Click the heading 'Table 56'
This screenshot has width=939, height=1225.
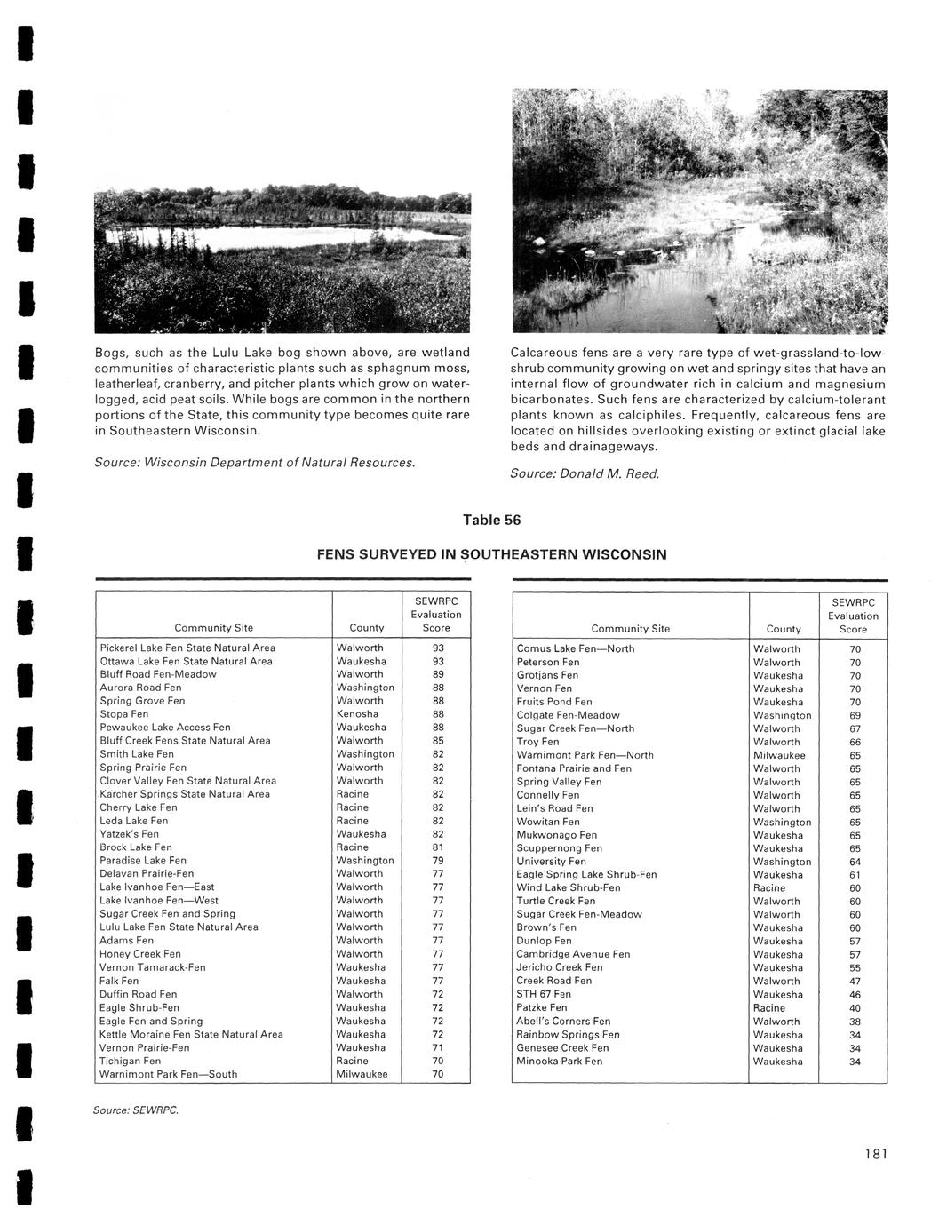(x=491, y=521)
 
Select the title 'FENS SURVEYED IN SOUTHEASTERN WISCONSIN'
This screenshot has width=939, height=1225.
(x=491, y=555)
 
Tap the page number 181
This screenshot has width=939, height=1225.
(x=874, y=1154)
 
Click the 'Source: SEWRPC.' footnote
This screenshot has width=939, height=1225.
(x=136, y=1110)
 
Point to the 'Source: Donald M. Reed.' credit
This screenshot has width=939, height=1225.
(x=585, y=474)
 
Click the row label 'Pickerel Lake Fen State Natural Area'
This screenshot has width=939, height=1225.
(x=187, y=648)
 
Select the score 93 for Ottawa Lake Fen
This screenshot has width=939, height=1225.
(x=438, y=661)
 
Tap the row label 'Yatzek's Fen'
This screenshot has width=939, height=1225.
(x=130, y=834)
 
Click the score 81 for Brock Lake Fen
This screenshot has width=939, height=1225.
(x=438, y=847)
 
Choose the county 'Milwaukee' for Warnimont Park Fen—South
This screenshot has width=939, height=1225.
(x=362, y=1074)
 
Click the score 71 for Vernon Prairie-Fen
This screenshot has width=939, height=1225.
(x=438, y=1047)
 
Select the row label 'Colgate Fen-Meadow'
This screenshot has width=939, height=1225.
(x=568, y=715)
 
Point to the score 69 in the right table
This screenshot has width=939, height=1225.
(x=855, y=715)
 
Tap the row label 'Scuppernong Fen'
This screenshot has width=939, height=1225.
(x=559, y=848)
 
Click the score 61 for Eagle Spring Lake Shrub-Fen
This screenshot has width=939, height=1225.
(x=855, y=875)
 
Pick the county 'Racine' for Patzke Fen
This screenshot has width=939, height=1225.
(x=769, y=1008)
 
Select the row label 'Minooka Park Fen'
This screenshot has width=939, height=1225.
(x=559, y=1062)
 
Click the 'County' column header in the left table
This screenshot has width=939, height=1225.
(x=367, y=628)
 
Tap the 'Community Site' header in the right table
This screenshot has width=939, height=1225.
(x=630, y=629)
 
